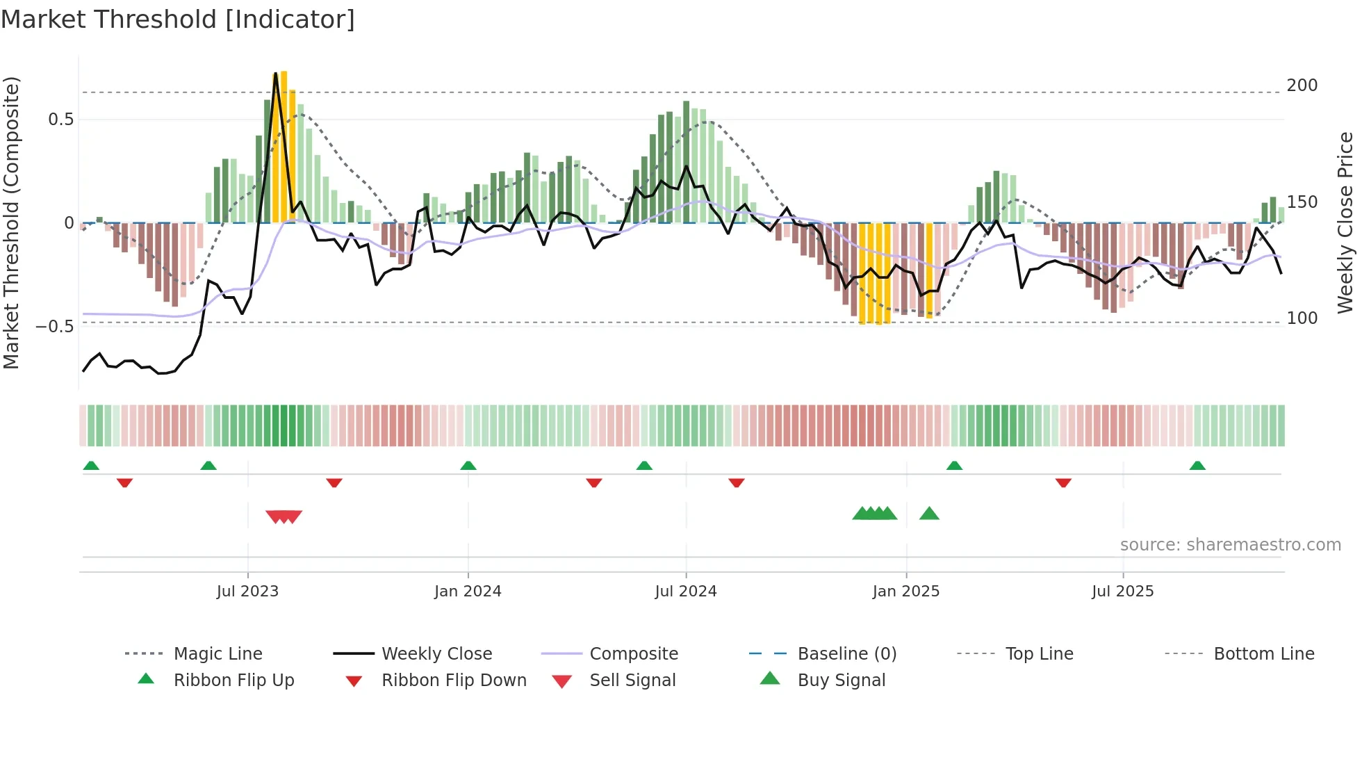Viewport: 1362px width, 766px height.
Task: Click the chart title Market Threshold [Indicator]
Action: point(178,19)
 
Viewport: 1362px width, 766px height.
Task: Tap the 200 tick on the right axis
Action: point(1302,85)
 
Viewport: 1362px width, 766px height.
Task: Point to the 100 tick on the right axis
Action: point(1302,318)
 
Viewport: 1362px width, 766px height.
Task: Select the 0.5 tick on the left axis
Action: point(60,120)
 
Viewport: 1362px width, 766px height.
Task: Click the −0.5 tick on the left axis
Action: point(55,326)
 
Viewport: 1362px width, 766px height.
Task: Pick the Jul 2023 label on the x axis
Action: point(247,592)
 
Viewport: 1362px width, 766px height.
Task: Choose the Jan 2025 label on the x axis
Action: point(905,592)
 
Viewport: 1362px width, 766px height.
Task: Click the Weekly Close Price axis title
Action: point(1345,222)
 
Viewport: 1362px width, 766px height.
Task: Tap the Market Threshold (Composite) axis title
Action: point(11,222)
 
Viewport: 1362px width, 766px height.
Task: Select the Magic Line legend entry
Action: point(218,654)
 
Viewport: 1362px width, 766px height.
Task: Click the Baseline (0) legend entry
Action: point(846,654)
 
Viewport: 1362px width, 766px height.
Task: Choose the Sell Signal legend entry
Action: point(632,681)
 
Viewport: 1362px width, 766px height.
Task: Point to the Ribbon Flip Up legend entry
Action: point(233,681)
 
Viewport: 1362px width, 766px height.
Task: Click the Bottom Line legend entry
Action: point(1263,654)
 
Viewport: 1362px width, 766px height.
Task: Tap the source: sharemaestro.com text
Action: point(1230,545)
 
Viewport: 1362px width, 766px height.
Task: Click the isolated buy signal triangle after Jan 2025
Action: point(929,514)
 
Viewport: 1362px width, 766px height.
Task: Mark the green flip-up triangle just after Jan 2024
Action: point(468,466)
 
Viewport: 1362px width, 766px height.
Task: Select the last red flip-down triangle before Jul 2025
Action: point(1063,482)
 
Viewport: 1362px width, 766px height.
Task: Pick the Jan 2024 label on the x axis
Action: point(468,592)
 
